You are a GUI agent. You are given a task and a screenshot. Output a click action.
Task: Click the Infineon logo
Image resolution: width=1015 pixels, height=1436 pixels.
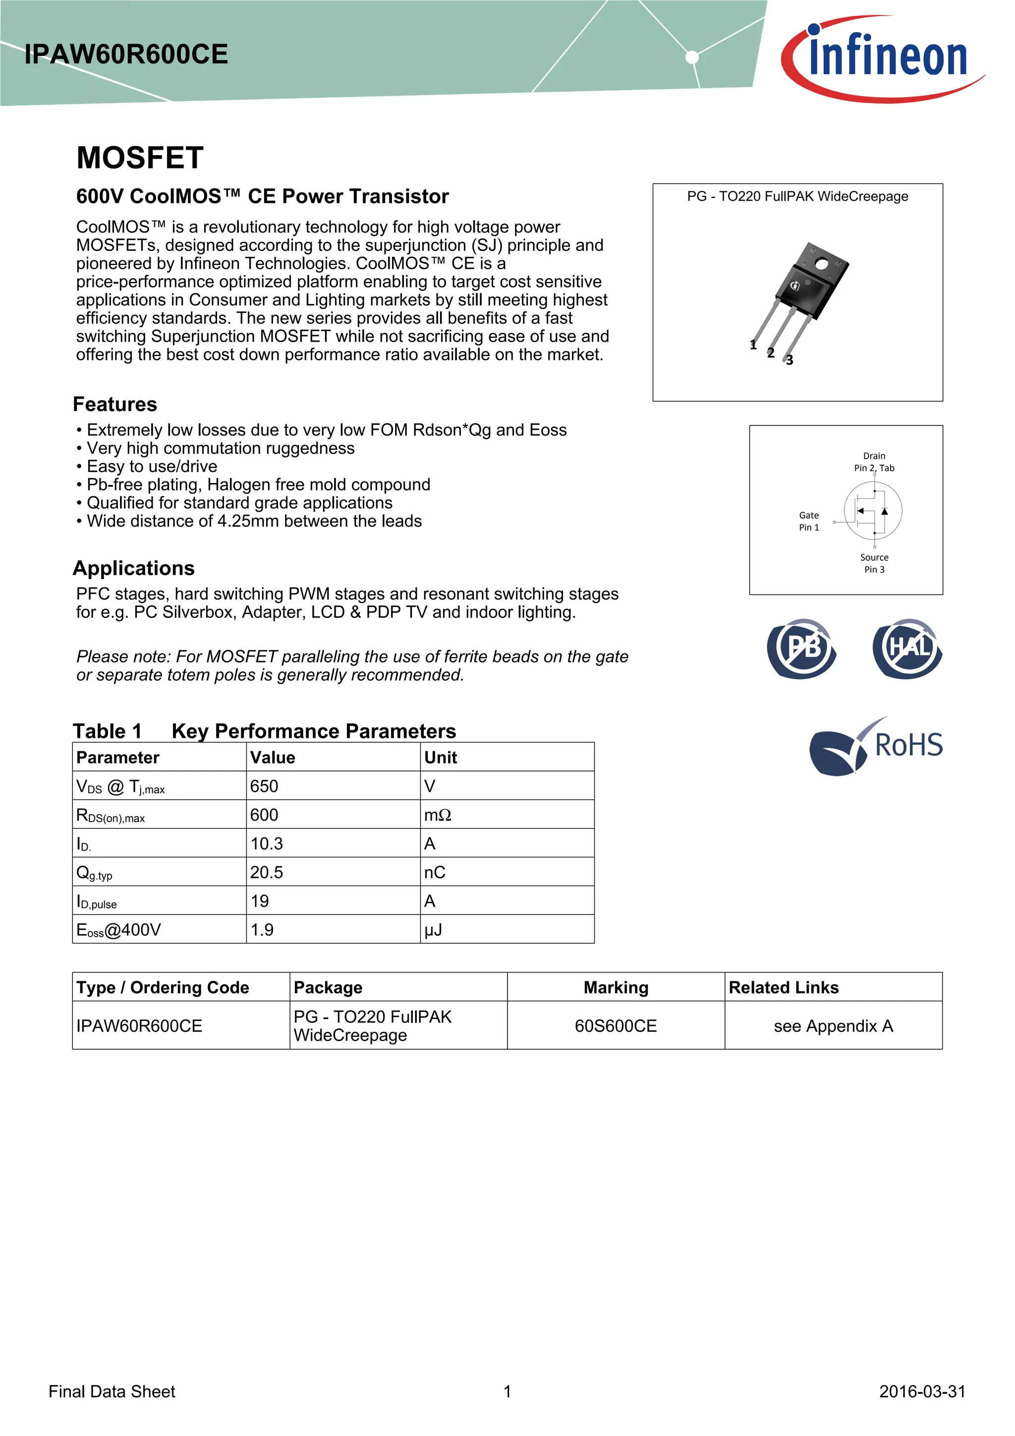(883, 58)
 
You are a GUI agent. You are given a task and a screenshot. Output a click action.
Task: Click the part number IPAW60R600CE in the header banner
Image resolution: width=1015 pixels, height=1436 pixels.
(126, 55)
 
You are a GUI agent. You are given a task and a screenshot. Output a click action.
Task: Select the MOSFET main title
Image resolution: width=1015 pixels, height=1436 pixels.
(140, 158)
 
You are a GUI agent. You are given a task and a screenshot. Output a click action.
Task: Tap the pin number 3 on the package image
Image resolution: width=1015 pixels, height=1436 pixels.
(789, 360)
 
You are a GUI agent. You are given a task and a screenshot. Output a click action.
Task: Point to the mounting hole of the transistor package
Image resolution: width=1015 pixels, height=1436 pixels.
(821, 264)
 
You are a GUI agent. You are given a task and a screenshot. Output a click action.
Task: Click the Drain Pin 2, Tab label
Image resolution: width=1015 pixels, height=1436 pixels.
(874, 462)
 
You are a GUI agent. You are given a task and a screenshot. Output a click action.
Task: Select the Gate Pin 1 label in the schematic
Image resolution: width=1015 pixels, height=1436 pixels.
(809, 521)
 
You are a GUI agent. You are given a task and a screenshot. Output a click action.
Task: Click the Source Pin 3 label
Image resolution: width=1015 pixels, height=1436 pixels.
(874, 563)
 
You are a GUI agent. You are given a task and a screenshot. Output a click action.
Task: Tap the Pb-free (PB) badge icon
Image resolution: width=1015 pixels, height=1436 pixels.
(802, 649)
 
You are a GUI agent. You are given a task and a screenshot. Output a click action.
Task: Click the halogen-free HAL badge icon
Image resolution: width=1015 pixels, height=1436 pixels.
(907, 649)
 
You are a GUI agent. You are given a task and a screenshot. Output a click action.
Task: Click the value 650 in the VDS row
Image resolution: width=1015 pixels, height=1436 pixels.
(264, 786)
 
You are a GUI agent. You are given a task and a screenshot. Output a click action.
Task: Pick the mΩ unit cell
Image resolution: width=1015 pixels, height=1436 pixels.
(438, 815)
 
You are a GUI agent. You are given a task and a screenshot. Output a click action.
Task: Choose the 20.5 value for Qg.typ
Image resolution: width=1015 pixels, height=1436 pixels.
(267, 873)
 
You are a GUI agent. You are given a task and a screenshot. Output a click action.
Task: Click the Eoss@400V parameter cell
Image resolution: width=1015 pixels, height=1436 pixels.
(119, 930)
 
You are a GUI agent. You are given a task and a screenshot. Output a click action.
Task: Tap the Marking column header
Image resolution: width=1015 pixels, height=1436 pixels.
(616, 988)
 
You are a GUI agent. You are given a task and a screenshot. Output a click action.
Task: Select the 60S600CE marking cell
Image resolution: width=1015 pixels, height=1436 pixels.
(616, 1026)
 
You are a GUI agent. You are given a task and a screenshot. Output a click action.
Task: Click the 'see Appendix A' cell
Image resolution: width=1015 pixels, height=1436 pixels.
(833, 1026)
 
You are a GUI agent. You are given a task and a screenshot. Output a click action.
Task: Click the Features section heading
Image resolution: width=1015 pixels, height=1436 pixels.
(115, 404)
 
